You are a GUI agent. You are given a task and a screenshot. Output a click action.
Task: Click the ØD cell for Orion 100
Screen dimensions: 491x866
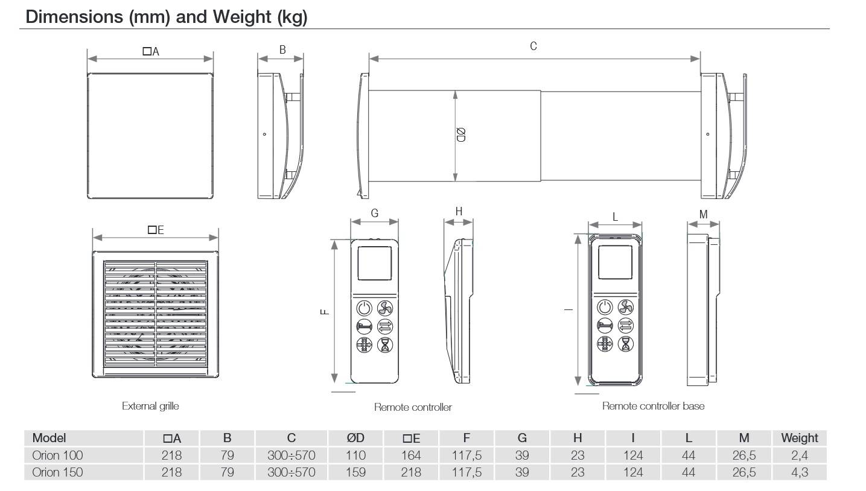[x=356, y=455]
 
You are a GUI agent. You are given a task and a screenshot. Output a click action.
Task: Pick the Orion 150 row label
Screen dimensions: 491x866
[x=57, y=472]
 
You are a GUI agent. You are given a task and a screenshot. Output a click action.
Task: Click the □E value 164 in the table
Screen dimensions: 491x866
[x=411, y=455]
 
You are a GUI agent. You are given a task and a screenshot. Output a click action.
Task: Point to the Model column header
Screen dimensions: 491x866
[x=49, y=438]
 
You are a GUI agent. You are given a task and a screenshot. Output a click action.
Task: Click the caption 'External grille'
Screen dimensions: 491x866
[x=150, y=406]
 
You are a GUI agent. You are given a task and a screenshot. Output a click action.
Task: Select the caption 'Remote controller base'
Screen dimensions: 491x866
[x=653, y=406]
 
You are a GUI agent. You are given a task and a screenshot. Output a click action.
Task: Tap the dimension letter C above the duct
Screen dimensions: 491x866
[x=533, y=46]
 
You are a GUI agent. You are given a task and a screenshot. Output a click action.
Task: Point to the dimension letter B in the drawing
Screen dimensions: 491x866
[x=282, y=50]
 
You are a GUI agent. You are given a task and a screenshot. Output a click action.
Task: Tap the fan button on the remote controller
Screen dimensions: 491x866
[x=385, y=308]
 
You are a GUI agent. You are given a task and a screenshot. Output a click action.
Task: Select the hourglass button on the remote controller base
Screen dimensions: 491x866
[x=626, y=344]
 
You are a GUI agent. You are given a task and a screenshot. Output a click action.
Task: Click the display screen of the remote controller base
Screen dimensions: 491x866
[x=616, y=263]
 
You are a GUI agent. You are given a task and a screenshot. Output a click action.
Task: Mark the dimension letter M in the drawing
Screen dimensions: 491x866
[x=703, y=214]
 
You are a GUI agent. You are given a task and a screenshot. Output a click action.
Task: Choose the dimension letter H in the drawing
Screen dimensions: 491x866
[x=459, y=212]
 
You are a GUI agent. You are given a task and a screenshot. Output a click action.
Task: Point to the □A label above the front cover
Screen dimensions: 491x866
[x=151, y=52]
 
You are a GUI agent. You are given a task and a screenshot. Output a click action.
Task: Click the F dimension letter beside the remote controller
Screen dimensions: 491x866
[x=324, y=311]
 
